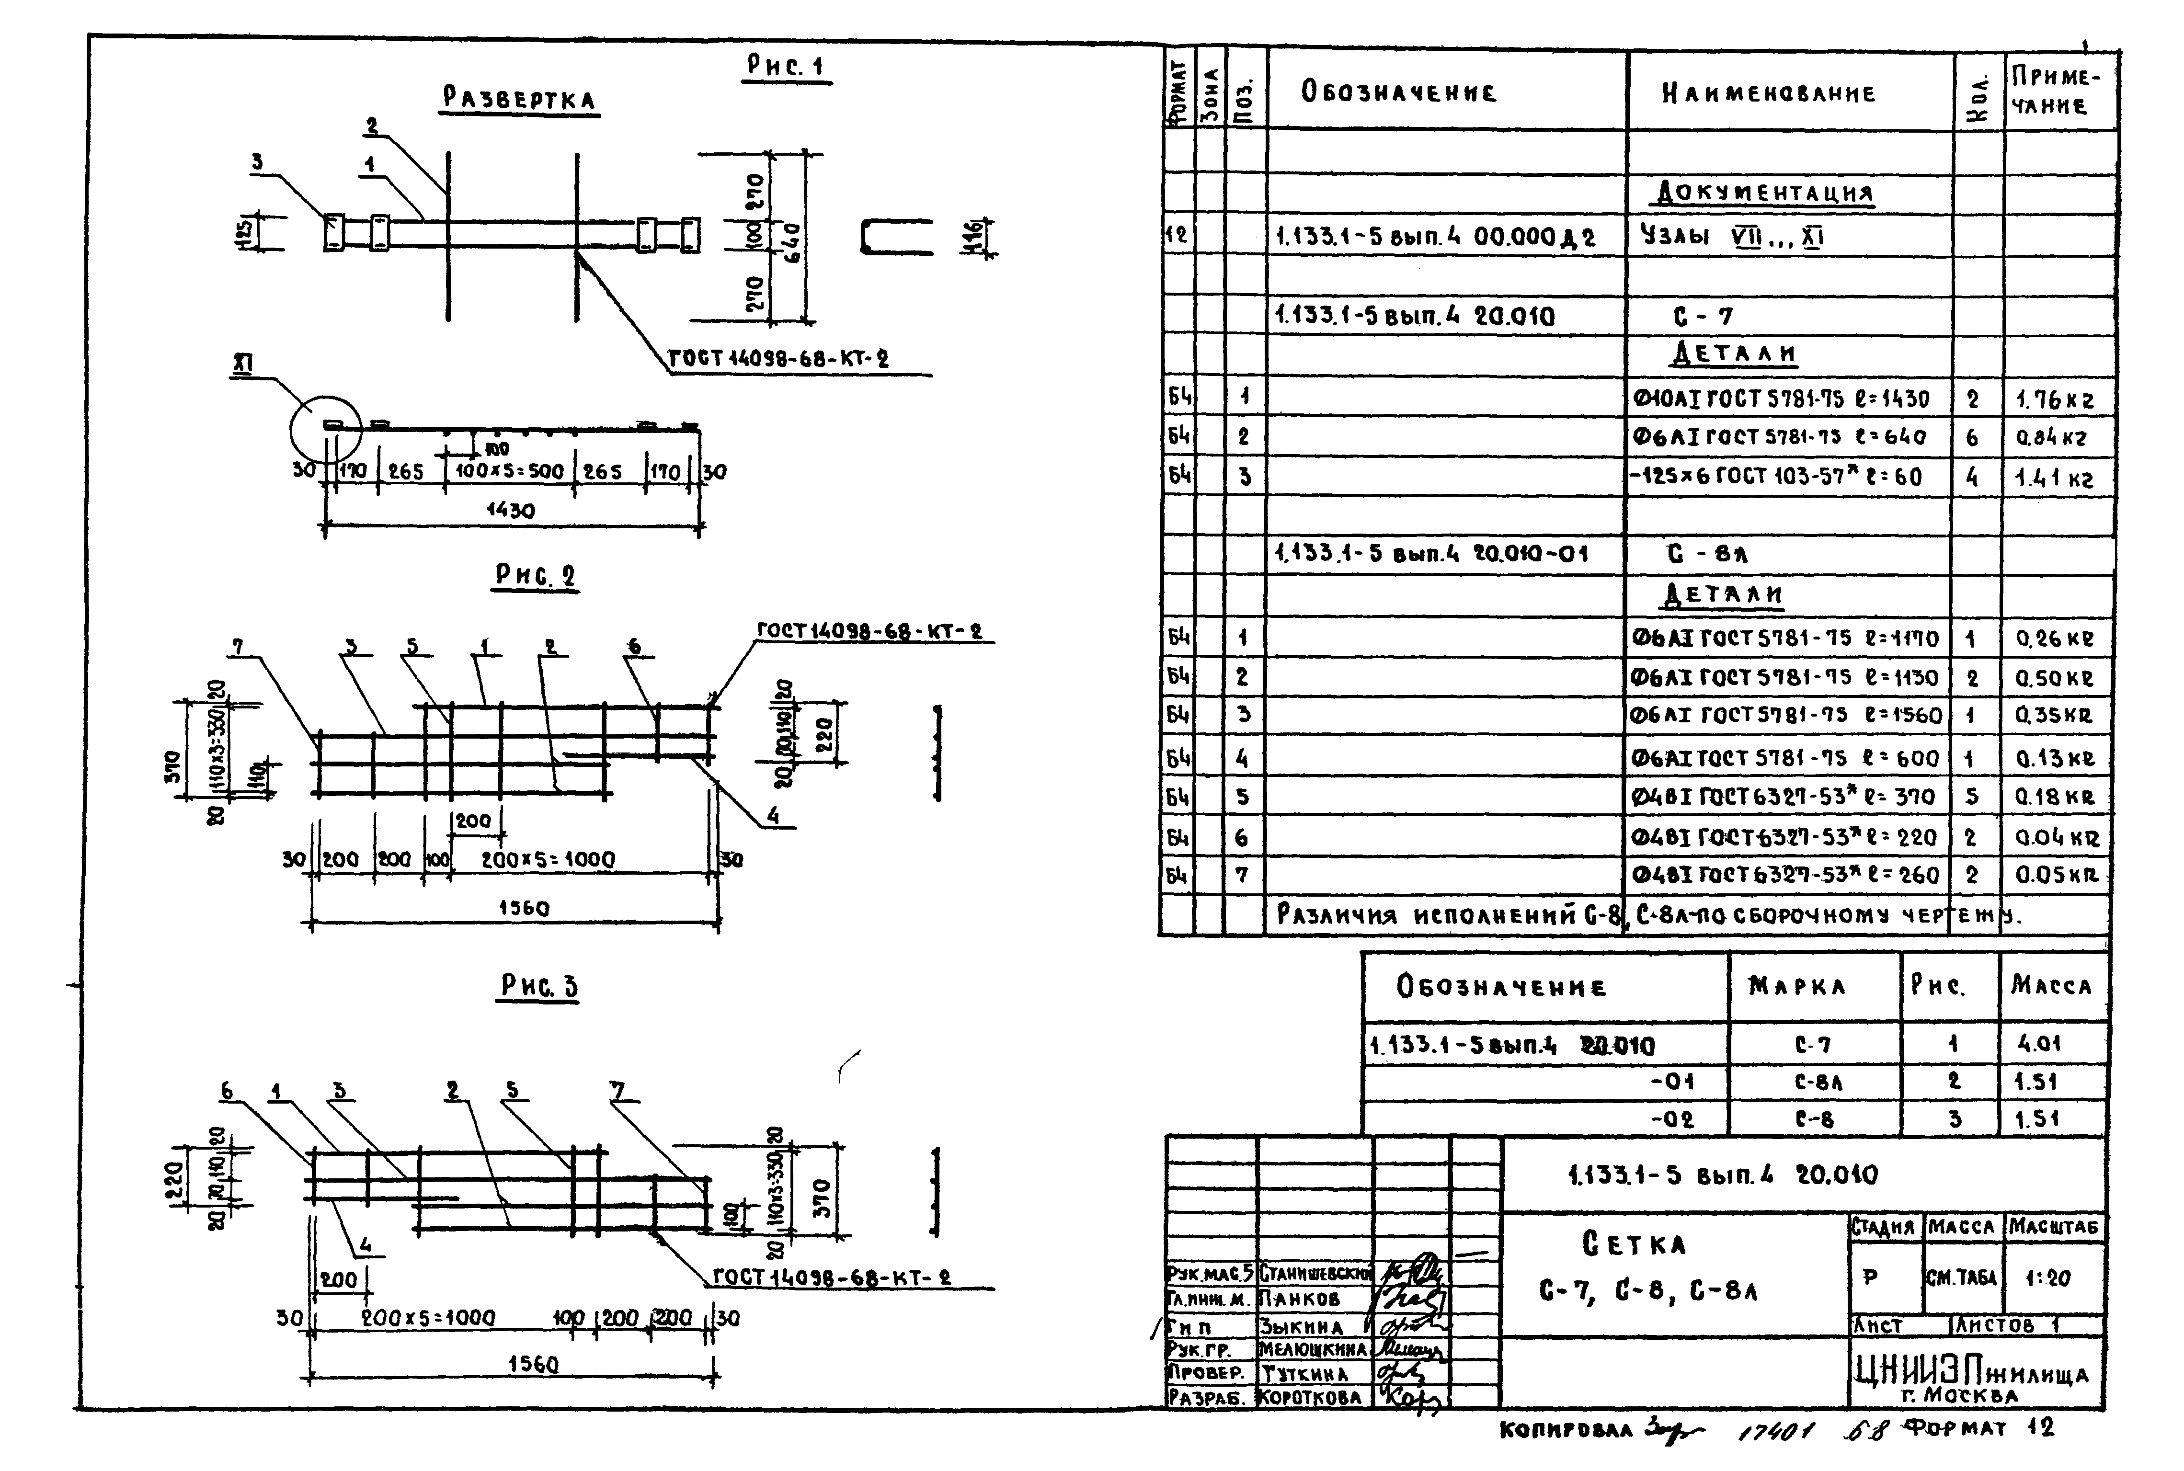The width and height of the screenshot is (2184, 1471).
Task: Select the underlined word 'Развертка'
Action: tap(520, 100)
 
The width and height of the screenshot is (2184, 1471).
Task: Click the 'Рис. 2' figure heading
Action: tap(536, 575)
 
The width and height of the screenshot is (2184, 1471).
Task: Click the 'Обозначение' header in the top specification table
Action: tap(1398, 92)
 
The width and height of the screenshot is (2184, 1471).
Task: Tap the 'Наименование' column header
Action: tap(1768, 93)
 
